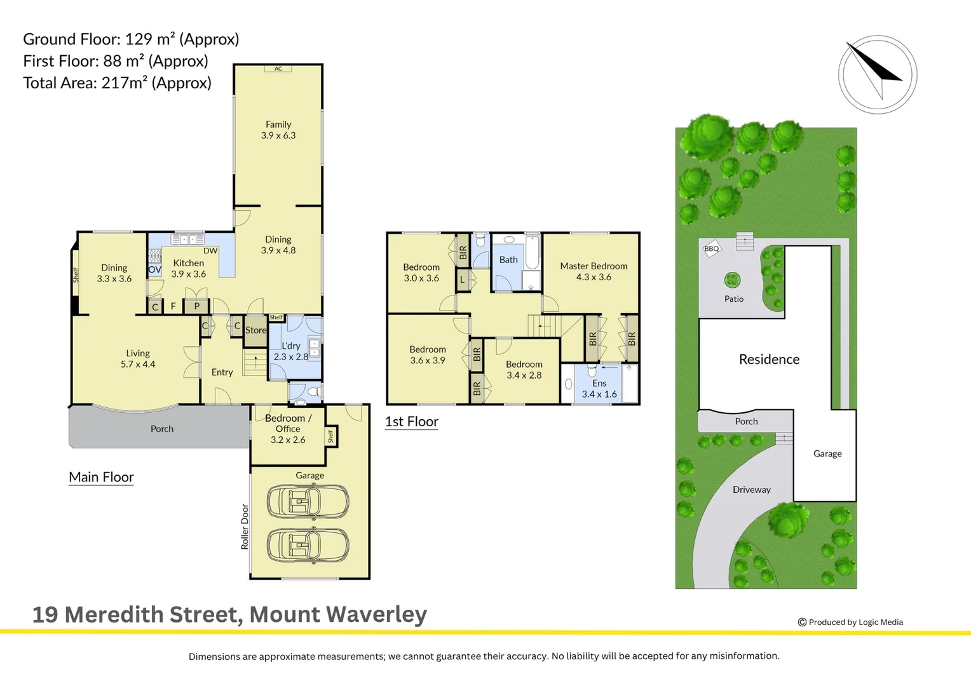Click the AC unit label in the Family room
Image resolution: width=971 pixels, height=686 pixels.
[278, 69]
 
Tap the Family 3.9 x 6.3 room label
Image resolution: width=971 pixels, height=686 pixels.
[278, 130]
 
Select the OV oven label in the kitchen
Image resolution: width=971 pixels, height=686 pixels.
[155, 269]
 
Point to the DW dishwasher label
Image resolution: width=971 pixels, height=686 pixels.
[210, 250]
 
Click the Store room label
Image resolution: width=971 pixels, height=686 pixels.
[255, 330]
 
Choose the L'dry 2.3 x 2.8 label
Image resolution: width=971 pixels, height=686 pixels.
[291, 351]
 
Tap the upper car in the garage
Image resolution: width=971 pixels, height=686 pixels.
[308, 501]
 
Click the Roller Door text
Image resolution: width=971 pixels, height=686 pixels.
[245, 527]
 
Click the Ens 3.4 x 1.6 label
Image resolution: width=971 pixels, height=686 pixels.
[599, 388]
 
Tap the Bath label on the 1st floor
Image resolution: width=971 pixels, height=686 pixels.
[508, 260]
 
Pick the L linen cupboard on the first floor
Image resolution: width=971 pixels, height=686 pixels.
[462, 280]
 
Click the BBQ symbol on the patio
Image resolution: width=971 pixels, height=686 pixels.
[711, 249]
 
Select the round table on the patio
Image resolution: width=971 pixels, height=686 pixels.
[732, 280]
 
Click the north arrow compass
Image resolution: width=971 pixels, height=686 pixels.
[878, 74]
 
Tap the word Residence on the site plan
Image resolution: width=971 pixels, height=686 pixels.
[769, 360]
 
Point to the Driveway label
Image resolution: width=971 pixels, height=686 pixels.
[752, 490]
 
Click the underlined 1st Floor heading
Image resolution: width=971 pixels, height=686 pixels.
[412, 422]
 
